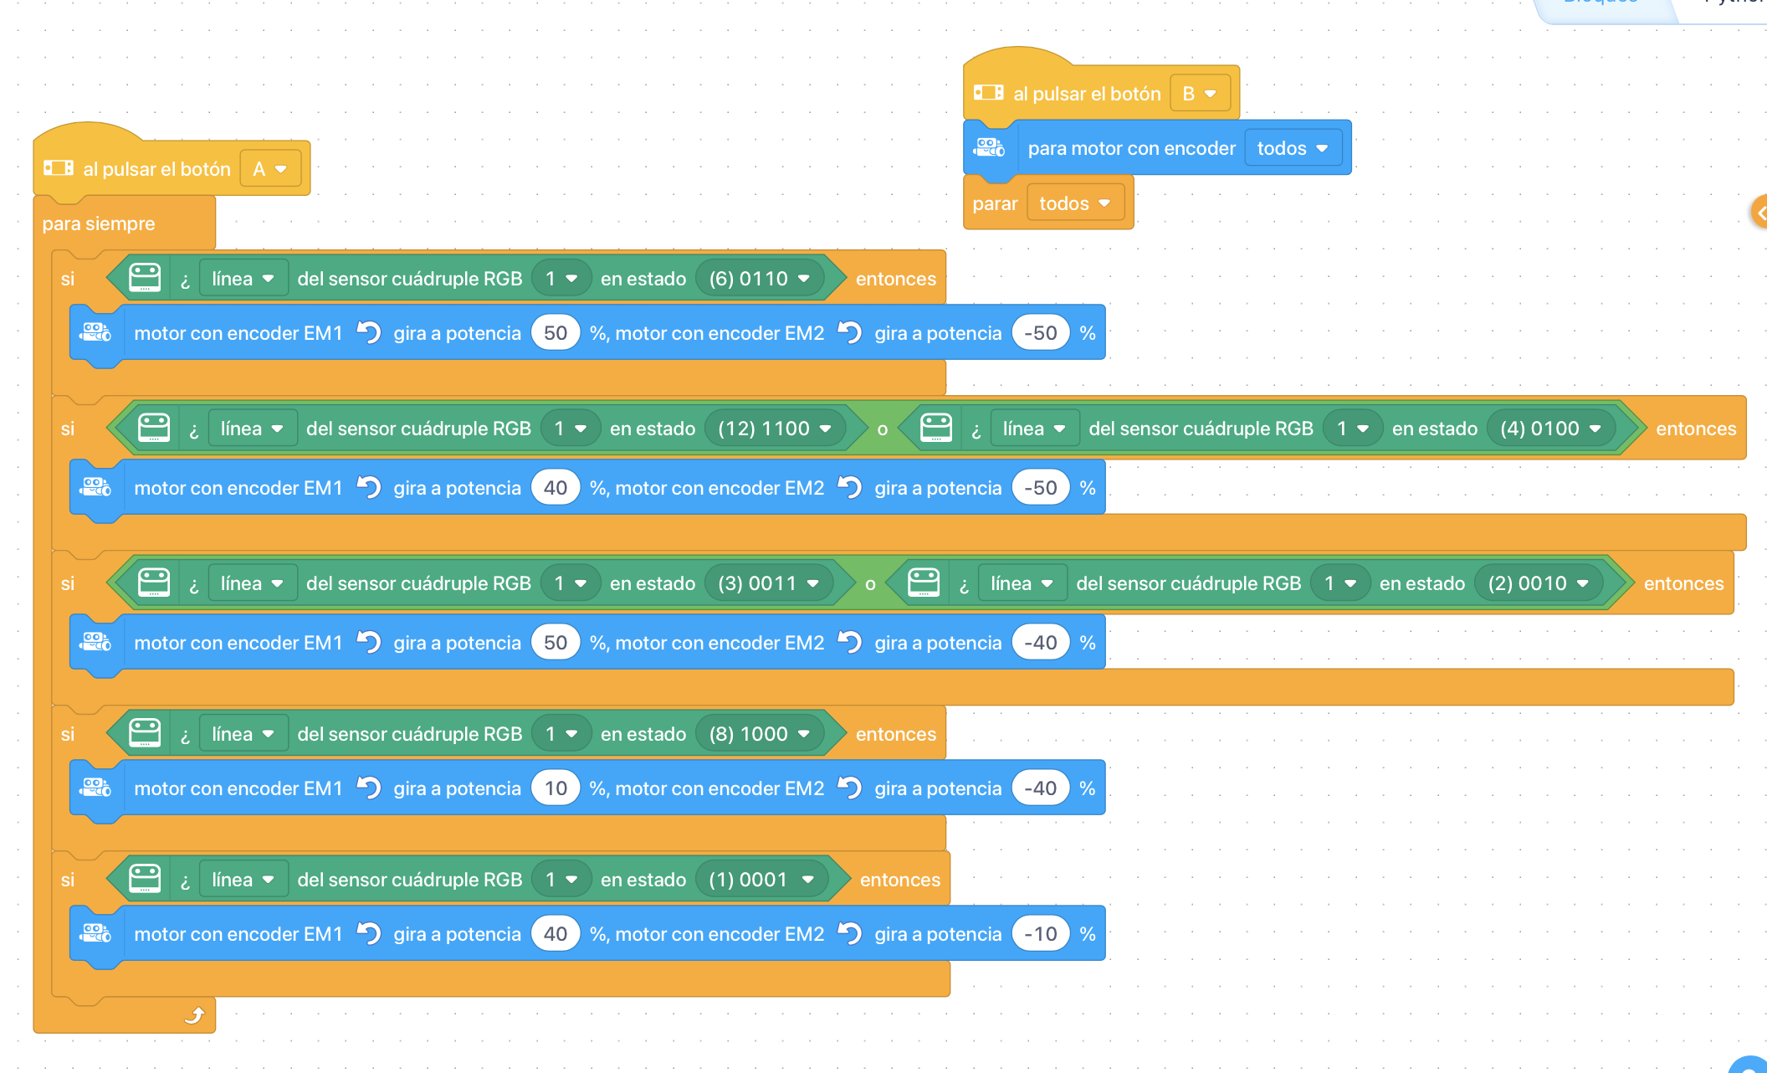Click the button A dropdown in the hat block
(270, 169)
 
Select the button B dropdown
(1200, 94)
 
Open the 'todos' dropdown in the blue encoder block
(1293, 148)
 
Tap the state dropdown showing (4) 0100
(1550, 429)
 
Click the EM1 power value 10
(556, 788)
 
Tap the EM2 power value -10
(1041, 934)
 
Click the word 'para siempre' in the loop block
(99, 223)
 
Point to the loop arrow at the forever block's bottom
(194, 1015)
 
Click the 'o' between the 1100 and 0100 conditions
(882, 429)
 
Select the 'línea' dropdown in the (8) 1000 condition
(243, 734)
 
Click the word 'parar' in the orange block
(995, 204)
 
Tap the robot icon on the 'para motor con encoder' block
(990, 148)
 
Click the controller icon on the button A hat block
(59, 168)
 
